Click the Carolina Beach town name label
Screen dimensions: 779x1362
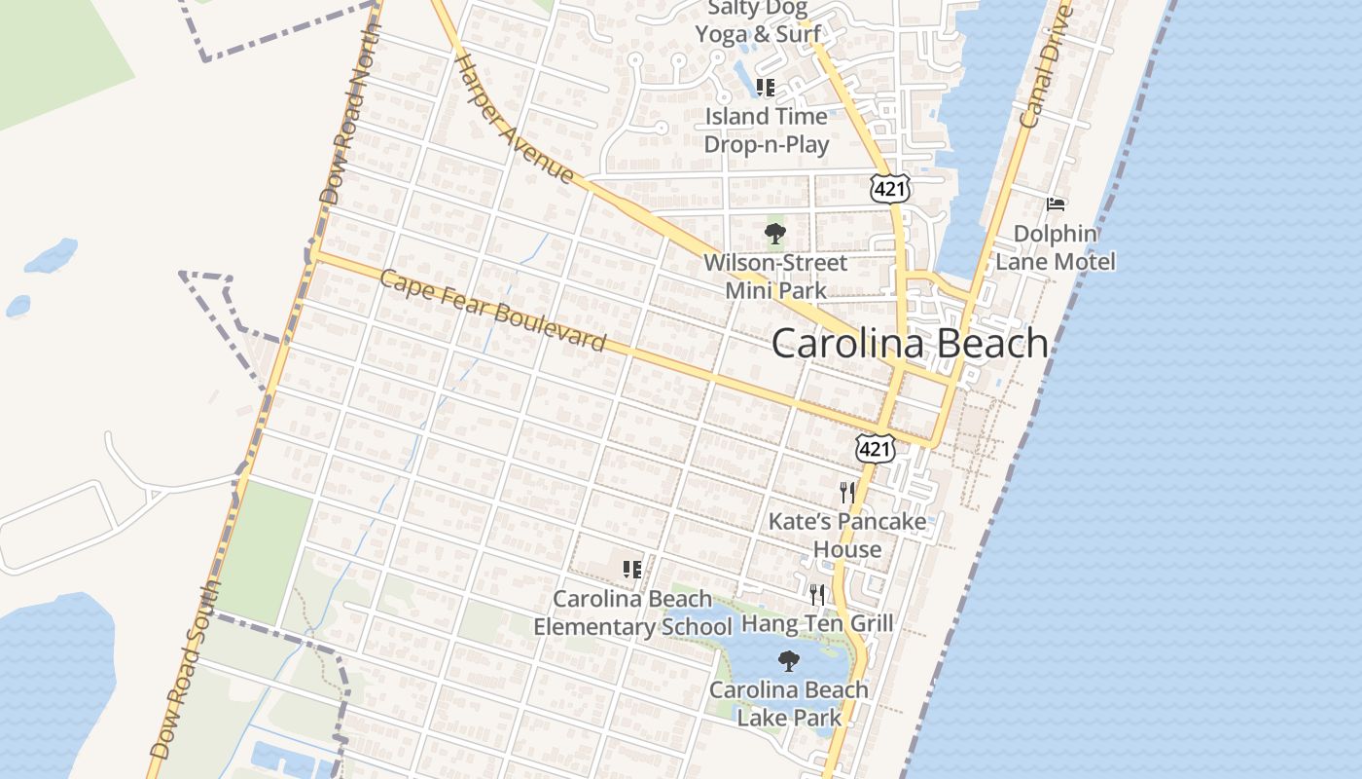(x=910, y=344)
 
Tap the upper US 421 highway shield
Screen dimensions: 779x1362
(x=890, y=188)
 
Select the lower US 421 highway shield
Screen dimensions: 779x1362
(x=876, y=448)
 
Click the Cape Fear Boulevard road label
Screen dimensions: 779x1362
(x=492, y=311)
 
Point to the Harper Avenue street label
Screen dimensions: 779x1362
(x=514, y=118)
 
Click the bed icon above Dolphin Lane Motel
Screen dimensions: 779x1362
(x=1056, y=204)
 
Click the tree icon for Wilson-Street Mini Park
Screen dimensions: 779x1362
(x=775, y=233)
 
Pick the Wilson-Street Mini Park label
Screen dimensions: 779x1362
(x=775, y=277)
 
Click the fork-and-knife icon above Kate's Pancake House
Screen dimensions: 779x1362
(x=846, y=492)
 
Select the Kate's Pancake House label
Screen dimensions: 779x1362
(x=847, y=535)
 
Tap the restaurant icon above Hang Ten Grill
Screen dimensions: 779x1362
(x=817, y=593)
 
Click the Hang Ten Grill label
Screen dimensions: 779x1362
(x=817, y=622)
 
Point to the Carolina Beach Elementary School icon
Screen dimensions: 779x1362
(x=632, y=569)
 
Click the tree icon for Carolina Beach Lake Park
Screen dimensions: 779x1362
(x=789, y=661)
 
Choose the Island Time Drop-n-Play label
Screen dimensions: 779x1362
(x=767, y=130)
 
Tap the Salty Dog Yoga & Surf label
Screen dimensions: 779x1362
(x=751, y=21)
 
